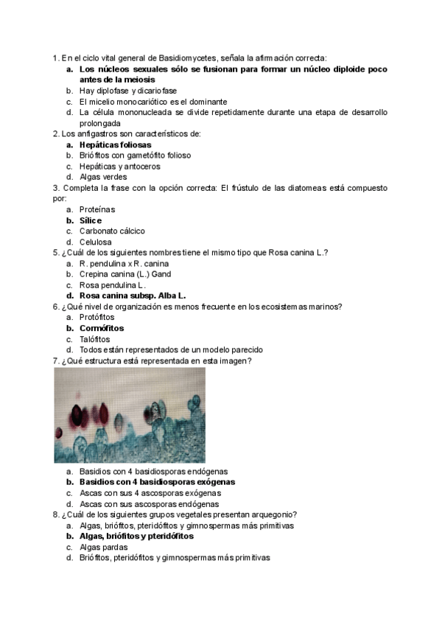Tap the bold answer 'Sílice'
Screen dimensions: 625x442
point(91,220)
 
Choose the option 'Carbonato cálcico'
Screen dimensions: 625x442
point(112,231)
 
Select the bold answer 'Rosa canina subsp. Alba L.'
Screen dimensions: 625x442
point(133,296)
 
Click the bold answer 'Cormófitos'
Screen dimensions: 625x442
point(102,327)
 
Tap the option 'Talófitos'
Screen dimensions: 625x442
point(96,338)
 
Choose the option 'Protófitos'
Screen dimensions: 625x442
point(97,317)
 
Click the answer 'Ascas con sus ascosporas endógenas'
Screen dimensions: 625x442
point(150,503)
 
